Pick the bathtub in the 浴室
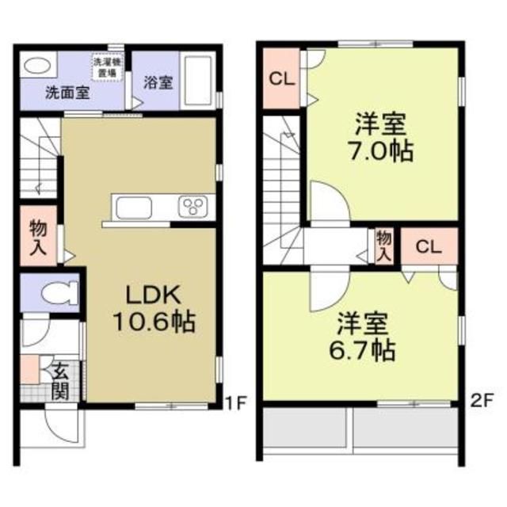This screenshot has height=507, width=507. (197, 82)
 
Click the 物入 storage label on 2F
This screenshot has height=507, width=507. (383, 245)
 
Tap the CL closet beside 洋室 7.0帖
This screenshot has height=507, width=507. (279, 79)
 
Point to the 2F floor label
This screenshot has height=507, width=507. (481, 402)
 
